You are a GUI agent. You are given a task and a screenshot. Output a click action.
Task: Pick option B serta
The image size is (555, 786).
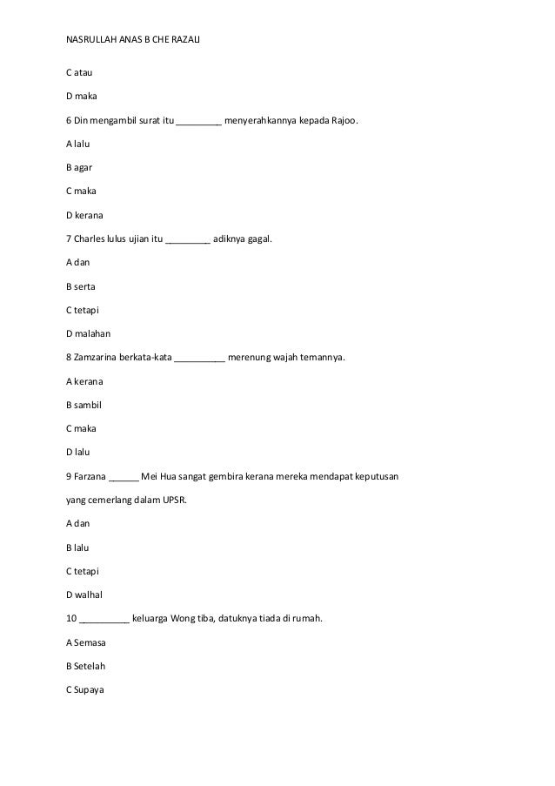click(x=84, y=286)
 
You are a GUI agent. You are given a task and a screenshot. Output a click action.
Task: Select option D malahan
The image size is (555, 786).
click(x=89, y=333)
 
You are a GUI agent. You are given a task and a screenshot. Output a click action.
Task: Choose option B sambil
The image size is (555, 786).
click(x=84, y=405)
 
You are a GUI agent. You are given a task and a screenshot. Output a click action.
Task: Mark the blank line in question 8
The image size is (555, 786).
click(x=200, y=358)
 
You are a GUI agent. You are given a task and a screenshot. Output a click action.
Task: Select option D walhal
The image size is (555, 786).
click(x=85, y=595)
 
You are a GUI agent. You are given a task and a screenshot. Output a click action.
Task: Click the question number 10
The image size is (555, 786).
click(x=71, y=619)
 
